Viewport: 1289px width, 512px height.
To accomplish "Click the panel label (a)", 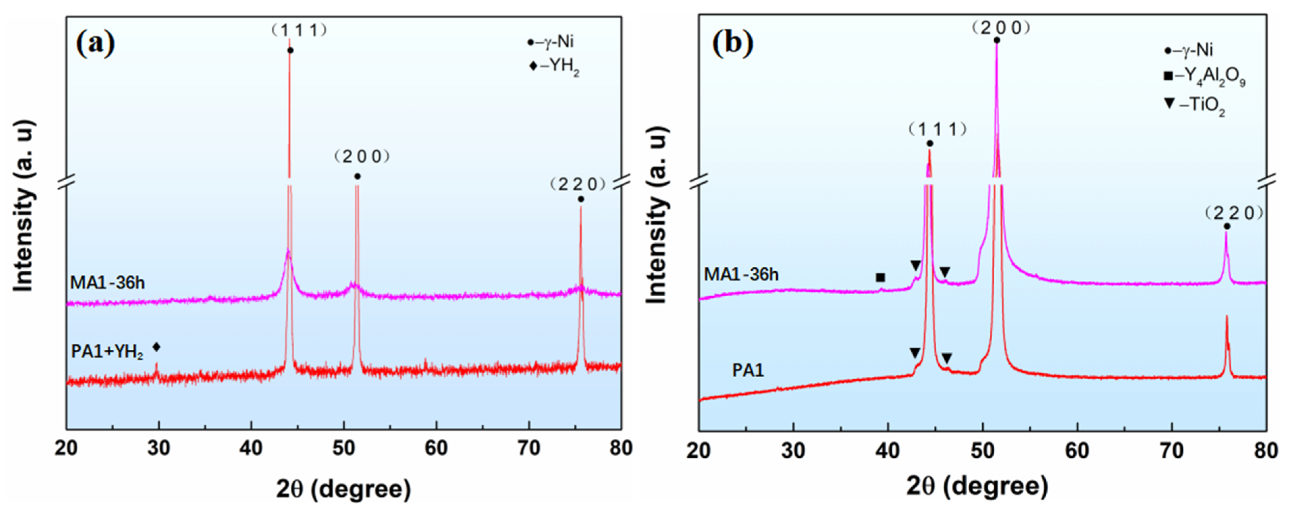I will click(95, 44).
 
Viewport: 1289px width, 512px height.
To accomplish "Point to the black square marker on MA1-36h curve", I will click(880, 277).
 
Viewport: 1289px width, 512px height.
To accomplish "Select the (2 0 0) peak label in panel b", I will click(1001, 28).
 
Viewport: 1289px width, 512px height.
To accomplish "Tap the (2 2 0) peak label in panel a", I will click(577, 185).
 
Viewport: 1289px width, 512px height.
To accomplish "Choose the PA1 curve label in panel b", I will click(748, 370).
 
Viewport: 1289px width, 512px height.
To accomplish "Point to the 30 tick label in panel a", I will click(159, 448).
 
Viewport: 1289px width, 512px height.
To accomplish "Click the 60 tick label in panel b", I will click(1077, 451).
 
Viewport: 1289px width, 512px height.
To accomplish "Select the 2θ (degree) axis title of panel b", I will click(977, 486).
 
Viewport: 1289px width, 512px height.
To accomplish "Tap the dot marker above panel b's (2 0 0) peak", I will click(997, 41).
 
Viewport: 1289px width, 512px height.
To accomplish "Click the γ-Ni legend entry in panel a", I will click(550, 42).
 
